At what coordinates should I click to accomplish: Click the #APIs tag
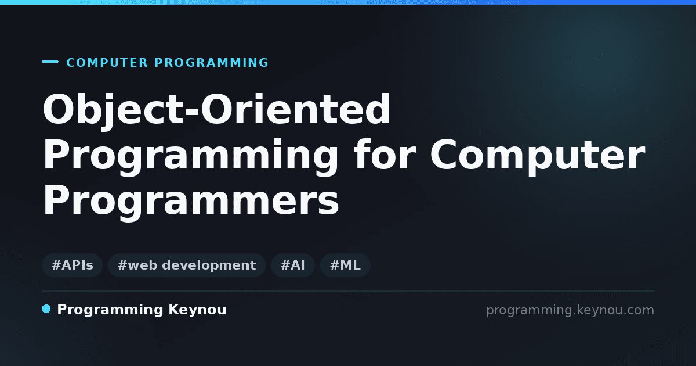pos(72,265)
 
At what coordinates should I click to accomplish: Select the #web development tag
pos(186,265)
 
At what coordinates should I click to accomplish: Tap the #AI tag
pos(293,265)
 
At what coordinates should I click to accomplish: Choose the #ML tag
pos(345,265)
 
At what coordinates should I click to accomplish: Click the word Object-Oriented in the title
pos(216,110)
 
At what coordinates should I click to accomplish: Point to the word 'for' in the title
pos(385,155)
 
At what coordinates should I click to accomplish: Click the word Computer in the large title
pos(538,157)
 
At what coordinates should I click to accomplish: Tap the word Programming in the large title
pos(190,157)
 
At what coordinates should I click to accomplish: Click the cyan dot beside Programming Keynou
pos(46,309)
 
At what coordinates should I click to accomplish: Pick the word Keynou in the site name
pos(197,310)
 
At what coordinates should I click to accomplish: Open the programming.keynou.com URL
pos(570,310)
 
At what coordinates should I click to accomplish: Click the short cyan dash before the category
pos(50,62)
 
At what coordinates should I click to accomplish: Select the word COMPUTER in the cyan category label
pos(107,63)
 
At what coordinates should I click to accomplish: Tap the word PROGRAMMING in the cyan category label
pos(211,63)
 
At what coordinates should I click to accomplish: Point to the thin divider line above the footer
pos(348,291)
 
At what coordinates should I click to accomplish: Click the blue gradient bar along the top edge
pos(348,2)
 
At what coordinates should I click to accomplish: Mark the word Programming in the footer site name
pos(110,310)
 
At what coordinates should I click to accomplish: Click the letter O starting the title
pos(59,110)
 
